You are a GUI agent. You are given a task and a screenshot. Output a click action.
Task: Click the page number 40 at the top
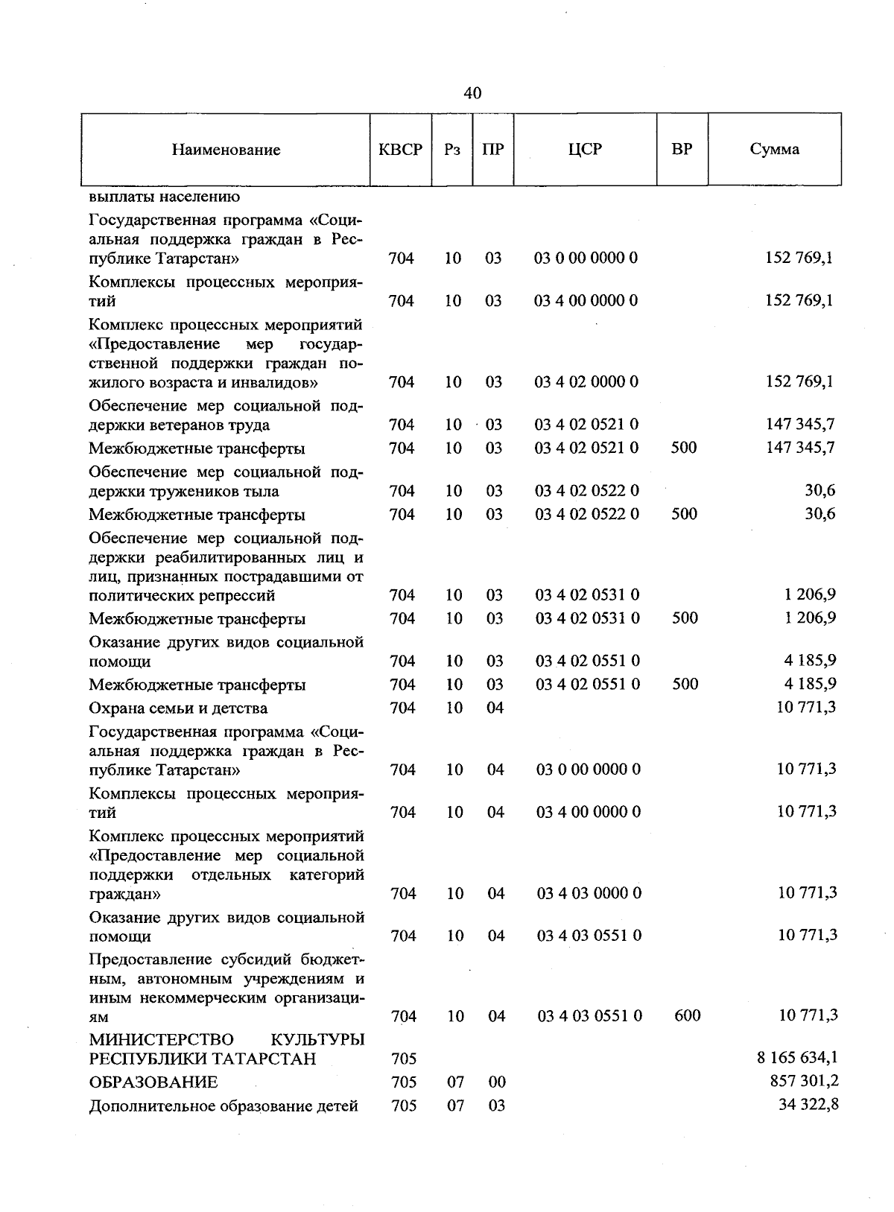point(472,93)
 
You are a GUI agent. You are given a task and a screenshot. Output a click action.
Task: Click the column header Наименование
point(226,150)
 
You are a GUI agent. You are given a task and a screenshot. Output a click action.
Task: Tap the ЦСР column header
point(584,149)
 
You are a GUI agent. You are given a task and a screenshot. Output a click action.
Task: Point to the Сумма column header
point(774,149)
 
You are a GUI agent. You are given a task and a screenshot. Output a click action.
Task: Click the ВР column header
point(682,149)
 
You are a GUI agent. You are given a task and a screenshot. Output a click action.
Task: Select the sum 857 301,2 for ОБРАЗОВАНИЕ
point(804,1081)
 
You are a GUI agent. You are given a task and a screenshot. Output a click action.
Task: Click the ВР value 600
point(687,1015)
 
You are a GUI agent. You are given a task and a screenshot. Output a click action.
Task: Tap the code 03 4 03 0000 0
point(589,893)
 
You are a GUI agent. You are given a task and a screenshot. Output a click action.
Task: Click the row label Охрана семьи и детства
point(178,708)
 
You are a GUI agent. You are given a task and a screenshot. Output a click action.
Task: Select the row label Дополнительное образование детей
point(223,1105)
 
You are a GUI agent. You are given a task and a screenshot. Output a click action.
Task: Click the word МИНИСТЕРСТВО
point(161,1039)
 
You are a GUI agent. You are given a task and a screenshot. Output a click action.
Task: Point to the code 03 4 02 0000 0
point(586,382)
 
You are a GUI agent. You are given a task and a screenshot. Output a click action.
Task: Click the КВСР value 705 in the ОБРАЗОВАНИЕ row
point(403,1082)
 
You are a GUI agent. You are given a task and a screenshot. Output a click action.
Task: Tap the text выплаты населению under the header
point(164,197)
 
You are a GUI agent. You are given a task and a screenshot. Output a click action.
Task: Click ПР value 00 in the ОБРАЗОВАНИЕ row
point(496,1082)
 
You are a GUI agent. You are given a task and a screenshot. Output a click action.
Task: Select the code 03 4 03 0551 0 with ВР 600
point(589,1015)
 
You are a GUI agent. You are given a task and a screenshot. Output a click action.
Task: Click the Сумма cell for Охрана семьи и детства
point(806,707)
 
